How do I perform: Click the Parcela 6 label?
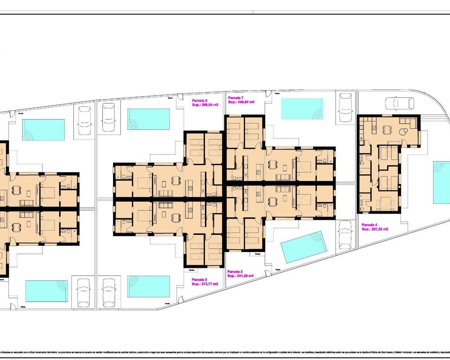coord(199,101)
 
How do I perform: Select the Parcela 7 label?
coord(236,98)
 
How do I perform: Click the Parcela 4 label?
coord(369,225)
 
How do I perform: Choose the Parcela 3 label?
coord(235,272)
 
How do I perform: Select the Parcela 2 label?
coord(199,280)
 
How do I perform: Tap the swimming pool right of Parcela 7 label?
coord(302,109)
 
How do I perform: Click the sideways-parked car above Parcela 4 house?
coord(400,104)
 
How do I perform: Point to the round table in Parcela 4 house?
coord(403,131)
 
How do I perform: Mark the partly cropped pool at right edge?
coord(441,182)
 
